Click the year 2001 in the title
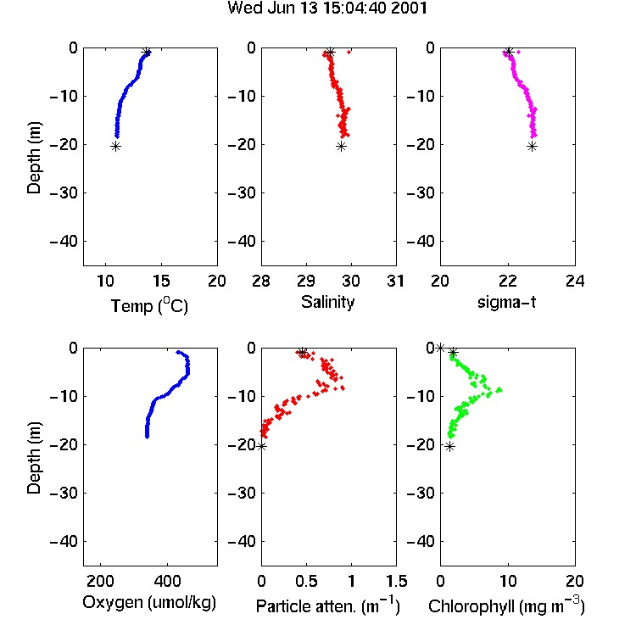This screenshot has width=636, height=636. click(x=409, y=8)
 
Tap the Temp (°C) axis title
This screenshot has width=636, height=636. click(x=149, y=305)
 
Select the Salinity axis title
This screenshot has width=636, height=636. click(x=327, y=302)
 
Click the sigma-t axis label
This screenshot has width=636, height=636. click(x=506, y=302)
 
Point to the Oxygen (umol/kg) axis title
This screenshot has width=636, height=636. click(x=149, y=602)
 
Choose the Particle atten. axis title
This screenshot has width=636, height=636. click(x=327, y=605)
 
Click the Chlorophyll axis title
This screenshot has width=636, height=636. click(x=506, y=605)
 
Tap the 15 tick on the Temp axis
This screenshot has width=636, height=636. click(x=161, y=281)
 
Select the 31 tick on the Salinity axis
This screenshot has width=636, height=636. click(x=395, y=281)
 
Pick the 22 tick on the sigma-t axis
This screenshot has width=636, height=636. click(x=507, y=281)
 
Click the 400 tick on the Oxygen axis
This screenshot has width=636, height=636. click(x=167, y=581)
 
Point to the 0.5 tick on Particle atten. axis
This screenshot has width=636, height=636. click(x=306, y=581)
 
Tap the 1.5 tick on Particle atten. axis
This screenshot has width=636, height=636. click(x=396, y=581)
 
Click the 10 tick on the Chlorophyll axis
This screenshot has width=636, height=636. click(x=507, y=581)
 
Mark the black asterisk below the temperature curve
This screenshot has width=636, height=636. click(x=116, y=147)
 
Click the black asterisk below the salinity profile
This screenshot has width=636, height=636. click(x=341, y=147)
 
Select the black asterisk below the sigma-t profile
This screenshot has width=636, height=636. click(x=533, y=147)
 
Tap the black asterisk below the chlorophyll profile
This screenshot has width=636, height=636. click(x=449, y=447)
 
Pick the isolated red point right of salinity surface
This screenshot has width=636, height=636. click(x=349, y=52)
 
